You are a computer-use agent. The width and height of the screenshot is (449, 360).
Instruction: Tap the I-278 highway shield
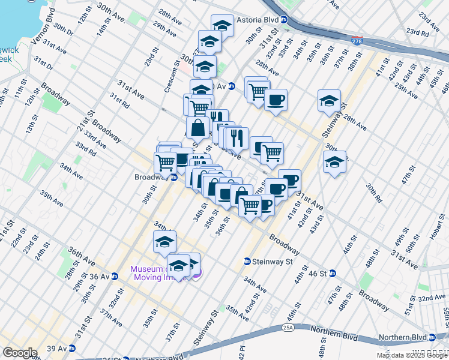[357, 40]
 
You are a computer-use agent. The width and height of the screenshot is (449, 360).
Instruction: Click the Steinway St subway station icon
[247, 262]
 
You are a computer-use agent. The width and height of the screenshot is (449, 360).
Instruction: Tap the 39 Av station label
[57, 349]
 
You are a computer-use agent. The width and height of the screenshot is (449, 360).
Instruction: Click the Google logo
[19, 352]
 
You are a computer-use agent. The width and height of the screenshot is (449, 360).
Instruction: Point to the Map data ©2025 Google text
[412, 355]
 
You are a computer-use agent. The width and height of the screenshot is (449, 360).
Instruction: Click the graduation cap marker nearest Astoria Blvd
[222, 26]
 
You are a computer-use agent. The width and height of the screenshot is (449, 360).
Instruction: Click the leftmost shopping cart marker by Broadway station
[165, 162]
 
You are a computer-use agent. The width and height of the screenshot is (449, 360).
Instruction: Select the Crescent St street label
[172, 76]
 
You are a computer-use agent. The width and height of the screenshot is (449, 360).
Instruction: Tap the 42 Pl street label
[242, 350]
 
